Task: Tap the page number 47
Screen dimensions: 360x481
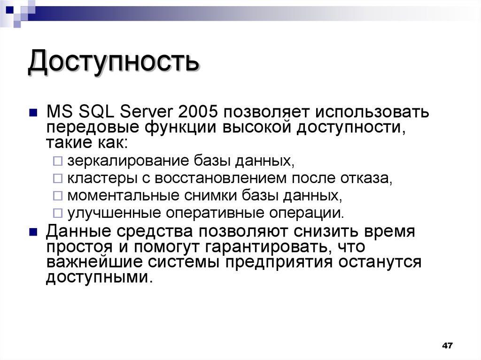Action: [x=447, y=346]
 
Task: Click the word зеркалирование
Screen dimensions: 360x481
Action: [x=127, y=161]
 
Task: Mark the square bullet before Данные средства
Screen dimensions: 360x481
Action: [x=33, y=232]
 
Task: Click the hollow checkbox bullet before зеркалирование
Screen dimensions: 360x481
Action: [x=57, y=161]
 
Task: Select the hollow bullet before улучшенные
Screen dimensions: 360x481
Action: [x=57, y=213]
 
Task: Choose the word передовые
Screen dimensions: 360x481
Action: [x=91, y=128]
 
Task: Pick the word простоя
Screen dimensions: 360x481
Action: [x=79, y=247]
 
